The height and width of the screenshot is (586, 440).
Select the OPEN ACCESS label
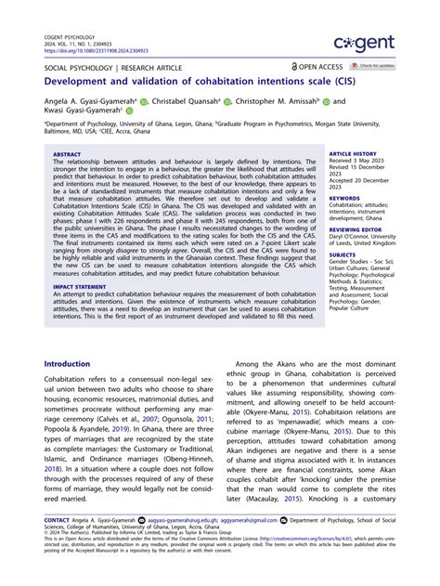[x=317, y=67]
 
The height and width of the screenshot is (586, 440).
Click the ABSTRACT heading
[x=67, y=154]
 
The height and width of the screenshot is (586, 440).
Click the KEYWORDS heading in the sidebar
[x=344, y=197]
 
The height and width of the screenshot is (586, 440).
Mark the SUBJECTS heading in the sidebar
[x=343, y=254]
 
